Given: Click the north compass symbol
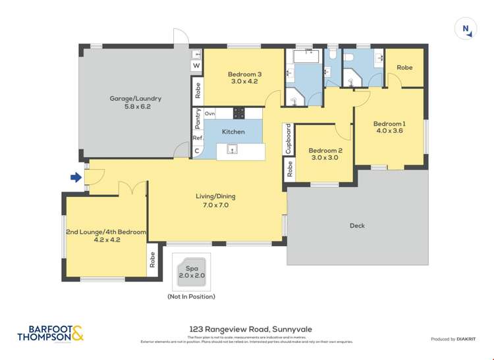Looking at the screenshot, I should (466, 29).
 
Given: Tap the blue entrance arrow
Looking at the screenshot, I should (76, 177).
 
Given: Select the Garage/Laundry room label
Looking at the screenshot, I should (135, 102).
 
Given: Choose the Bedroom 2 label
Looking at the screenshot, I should (325, 154).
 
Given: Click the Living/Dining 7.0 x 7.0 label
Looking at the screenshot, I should (215, 200).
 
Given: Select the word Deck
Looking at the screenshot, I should (357, 226).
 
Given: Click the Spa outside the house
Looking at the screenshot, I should (192, 271).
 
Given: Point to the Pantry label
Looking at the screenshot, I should (198, 118).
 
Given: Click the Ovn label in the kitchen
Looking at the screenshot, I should (209, 114).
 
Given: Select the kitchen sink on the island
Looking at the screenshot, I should (231, 150).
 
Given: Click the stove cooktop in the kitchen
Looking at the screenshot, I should (238, 113).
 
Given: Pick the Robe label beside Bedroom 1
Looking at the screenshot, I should (404, 67).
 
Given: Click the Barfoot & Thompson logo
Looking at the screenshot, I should (51, 334).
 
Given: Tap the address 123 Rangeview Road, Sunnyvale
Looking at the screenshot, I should (247, 328).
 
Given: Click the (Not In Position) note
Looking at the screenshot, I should (191, 297).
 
